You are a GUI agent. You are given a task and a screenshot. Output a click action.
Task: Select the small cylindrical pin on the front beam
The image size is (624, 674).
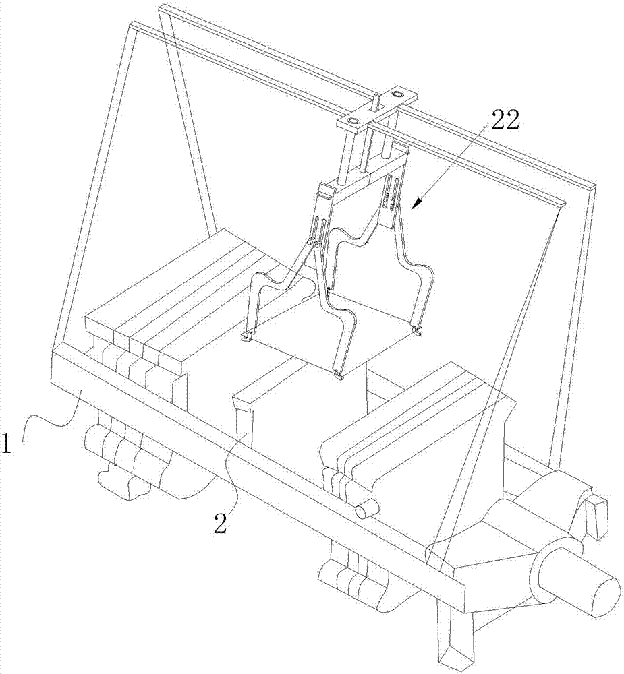pos(367,508)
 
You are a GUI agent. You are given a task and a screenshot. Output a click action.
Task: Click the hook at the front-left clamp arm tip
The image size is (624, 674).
pos(246,337)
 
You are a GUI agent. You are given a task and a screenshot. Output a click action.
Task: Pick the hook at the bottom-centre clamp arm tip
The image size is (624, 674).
pos(339,375)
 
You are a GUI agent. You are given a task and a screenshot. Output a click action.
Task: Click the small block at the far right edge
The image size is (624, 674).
pos(597,516)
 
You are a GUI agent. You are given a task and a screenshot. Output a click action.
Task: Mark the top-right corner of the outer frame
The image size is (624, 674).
pos(594,187)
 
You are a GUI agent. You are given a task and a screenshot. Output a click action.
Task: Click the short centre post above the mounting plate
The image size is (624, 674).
pos(376,102)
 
